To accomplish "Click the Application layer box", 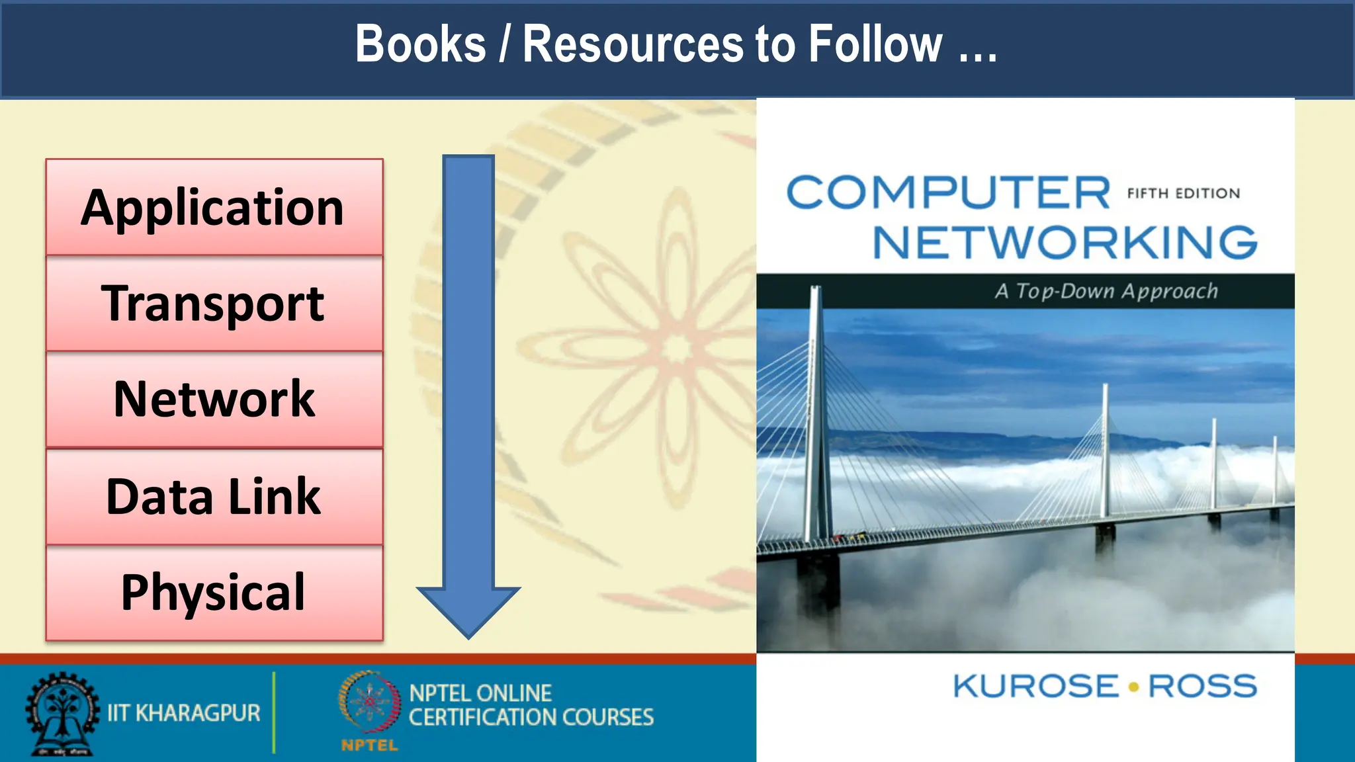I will click(214, 207).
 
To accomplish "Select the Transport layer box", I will click(214, 304).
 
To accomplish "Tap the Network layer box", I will click(214, 400).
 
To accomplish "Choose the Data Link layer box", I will click(214, 497).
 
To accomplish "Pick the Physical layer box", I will click(214, 593).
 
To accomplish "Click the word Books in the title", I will click(421, 45).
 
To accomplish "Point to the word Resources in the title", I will click(633, 45).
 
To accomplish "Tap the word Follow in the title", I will click(875, 45).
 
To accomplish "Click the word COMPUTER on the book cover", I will click(947, 193).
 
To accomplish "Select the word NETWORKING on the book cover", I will click(1065, 243).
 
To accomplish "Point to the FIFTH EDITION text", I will click(1184, 194).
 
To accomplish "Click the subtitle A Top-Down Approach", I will click(1106, 291).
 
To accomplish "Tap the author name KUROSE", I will click(1035, 686).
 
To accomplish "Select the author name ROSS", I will click(1202, 686).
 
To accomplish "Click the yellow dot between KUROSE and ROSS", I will click(1133, 687).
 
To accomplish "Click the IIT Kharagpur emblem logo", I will click(62, 714).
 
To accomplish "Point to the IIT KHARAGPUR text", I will click(184, 713).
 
